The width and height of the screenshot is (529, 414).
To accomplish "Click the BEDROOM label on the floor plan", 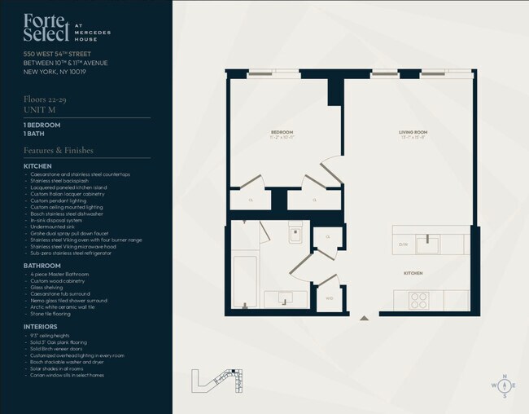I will pos(282,131).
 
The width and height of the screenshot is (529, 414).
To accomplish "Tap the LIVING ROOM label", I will pos(413,131).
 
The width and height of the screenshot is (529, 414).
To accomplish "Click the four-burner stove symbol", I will pos(418,299).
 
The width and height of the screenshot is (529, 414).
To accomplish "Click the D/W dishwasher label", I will pos(402,243).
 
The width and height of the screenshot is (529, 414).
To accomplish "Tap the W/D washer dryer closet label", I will pos(329,297).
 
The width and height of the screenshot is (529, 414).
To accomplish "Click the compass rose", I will pos(504,385).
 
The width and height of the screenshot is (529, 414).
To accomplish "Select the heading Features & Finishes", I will pos(59,150).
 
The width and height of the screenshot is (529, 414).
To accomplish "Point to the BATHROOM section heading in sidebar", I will pos(42,266).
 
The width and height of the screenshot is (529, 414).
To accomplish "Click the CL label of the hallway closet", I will pos(327,236).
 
